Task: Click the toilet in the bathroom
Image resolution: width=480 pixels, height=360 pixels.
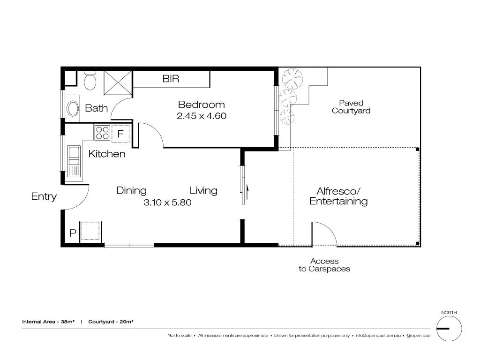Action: click(90, 81)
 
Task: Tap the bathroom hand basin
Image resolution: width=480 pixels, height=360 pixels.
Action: click(73, 108)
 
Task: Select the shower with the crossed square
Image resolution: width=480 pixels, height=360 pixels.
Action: click(118, 82)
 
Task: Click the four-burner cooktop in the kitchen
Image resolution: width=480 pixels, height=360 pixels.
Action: click(102, 133)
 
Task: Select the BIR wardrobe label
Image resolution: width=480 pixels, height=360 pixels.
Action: click(171, 79)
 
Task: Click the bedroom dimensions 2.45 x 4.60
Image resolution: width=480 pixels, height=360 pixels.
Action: click(202, 116)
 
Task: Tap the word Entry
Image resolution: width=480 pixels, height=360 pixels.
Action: click(44, 196)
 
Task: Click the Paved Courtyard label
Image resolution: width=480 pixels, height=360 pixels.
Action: click(351, 107)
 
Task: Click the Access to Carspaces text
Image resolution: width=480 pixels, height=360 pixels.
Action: click(324, 265)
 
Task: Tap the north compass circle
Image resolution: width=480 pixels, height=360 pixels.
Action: click(449, 328)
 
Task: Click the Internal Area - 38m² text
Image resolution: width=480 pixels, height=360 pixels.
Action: click(48, 322)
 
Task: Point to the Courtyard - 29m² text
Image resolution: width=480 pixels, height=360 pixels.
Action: click(112, 322)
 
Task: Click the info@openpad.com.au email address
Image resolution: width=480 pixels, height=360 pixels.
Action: click(377, 336)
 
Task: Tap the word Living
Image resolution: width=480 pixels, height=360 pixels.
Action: click(203, 190)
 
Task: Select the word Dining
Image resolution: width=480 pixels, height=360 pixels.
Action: click(131, 190)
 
